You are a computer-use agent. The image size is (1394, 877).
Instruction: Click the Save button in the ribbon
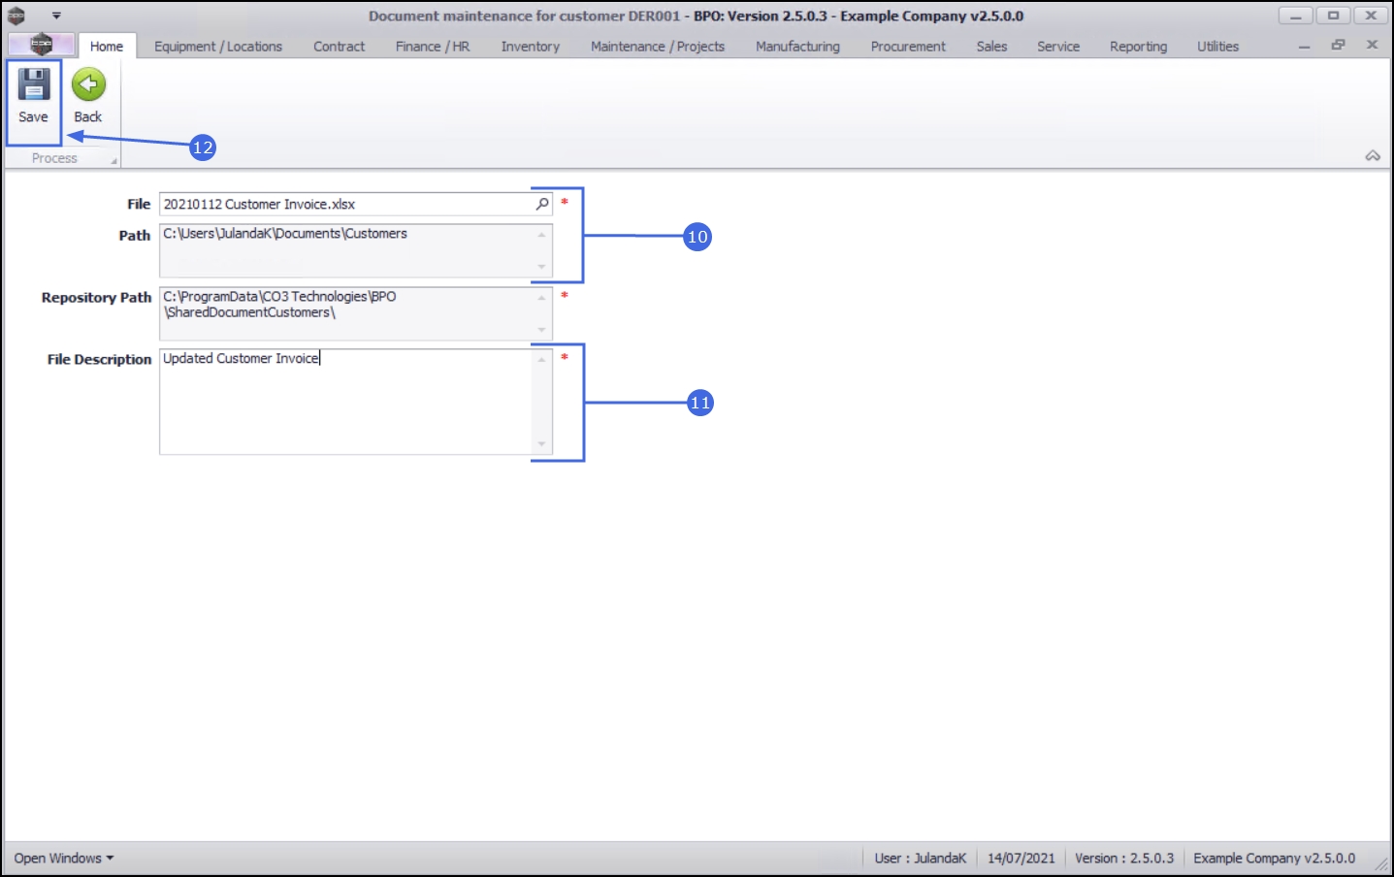[33, 96]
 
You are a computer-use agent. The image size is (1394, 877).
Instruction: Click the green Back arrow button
[88, 96]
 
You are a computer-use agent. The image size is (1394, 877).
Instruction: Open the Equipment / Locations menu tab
[218, 47]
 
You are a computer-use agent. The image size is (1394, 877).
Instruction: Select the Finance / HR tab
[433, 47]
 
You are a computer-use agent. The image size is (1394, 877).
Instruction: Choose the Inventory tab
[531, 47]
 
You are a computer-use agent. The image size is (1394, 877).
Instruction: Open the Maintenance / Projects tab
[658, 47]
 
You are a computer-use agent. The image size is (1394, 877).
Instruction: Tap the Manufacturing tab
[797, 47]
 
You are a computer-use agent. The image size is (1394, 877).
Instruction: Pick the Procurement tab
[908, 47]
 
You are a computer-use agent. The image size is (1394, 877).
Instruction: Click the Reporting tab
[1138, 47]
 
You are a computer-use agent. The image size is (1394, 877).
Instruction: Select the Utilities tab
[1217, 47]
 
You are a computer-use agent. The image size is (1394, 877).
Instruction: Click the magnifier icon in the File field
[542, 204]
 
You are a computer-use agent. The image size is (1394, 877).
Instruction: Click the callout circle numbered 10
[697, 237]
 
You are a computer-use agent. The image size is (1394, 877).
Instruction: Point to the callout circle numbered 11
[700, 403]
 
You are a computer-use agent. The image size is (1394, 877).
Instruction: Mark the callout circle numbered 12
[203, 147]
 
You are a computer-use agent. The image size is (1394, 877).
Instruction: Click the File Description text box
[346, 402]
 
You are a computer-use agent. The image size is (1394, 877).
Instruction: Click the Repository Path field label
[96, 298]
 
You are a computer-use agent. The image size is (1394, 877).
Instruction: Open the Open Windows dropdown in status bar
[64, 859]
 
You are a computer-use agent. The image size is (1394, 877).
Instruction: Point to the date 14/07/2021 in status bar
[1021, 859]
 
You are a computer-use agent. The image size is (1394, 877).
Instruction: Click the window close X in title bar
[1371, 16]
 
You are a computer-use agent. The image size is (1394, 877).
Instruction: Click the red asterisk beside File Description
[565, 358]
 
